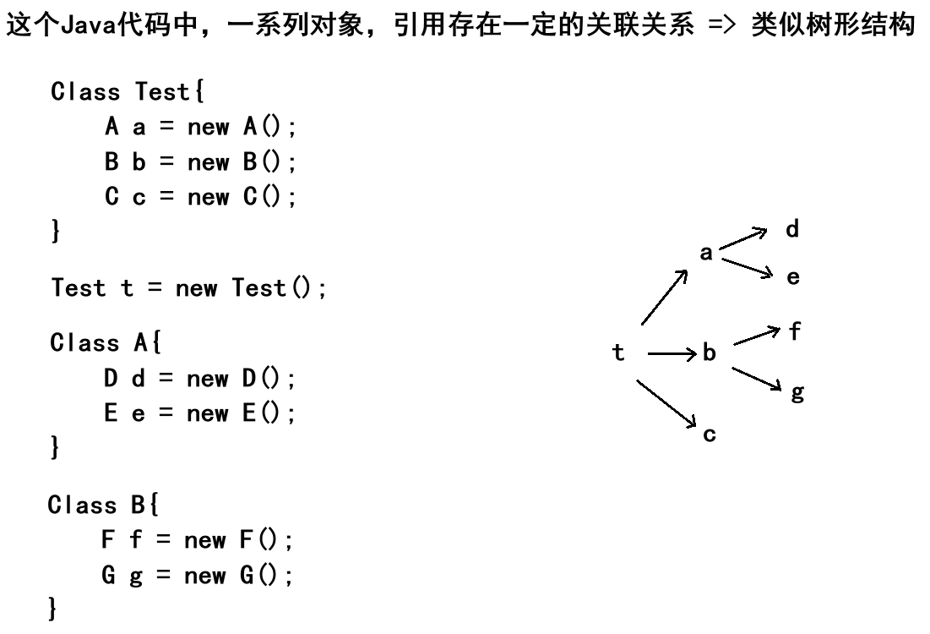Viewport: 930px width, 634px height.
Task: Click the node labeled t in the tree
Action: coord(618,353)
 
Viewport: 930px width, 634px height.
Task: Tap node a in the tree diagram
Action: coord(706,252)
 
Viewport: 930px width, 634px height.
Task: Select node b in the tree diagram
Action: coord(710,353)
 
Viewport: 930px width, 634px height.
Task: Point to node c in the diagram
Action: coord(710,435)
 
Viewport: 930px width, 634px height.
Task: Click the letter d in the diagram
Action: coord(792,229)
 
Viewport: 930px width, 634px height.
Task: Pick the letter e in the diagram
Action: coord(793,276)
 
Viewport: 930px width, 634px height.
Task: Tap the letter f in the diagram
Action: coord(794,332)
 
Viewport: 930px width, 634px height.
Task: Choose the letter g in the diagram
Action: coord(797,393)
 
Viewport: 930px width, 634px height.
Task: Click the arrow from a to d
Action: coord(743,238)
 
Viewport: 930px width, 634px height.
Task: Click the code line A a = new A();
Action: coord(199,128)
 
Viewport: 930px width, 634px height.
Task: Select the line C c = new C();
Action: coord(199,198)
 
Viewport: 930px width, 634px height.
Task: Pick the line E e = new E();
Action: coord(199,414)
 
